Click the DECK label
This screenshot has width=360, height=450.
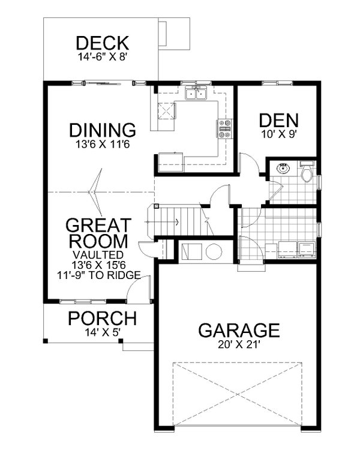pos(102,43)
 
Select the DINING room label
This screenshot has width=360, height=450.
pos(101,130)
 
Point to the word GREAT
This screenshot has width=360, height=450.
pos(98,226)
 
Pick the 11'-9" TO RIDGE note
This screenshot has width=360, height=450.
pos(98,275)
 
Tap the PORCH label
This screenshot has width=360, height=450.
pos(101,318)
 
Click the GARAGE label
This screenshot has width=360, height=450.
pos(239,330)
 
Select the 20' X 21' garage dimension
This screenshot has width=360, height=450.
pos(239,345)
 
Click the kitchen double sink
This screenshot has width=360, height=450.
pos(196,93)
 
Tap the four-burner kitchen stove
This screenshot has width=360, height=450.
pos(224,130)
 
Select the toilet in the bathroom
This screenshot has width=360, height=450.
pos(306,173)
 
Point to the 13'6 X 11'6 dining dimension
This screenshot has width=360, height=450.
pos(101,145)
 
